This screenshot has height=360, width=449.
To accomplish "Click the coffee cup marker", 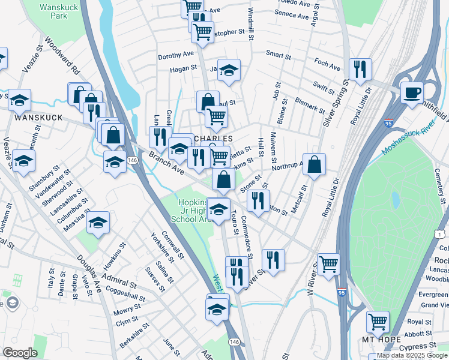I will point(412,93).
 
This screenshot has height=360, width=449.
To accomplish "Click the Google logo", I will point(20,353).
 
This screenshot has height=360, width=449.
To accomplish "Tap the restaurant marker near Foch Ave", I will point(360,70).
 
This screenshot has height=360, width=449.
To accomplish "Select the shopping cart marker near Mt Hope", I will point(378,322).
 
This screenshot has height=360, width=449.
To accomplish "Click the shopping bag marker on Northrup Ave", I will point(314,164).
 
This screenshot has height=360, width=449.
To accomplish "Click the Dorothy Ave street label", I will point(176,55).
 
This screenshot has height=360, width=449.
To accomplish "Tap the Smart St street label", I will point(279,56).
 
